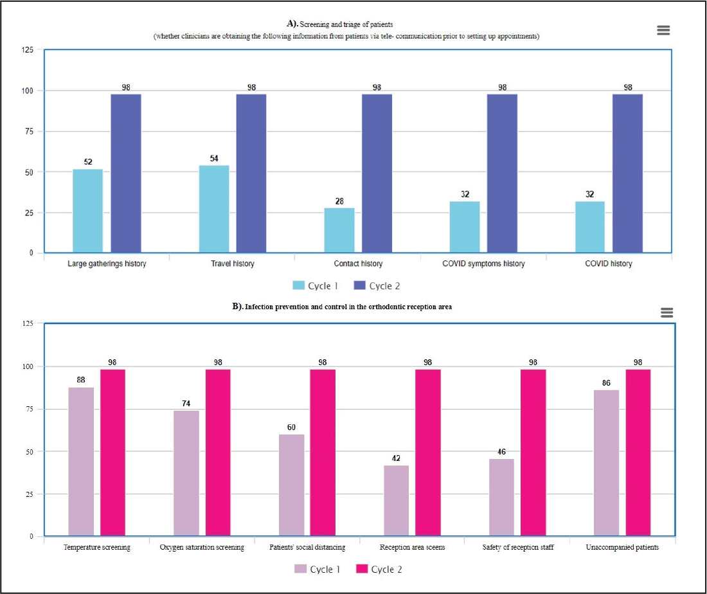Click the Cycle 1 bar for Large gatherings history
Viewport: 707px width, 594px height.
88,211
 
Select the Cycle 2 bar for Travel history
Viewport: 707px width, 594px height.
251,173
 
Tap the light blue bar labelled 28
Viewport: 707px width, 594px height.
339,230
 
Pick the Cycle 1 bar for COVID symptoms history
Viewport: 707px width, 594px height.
465,227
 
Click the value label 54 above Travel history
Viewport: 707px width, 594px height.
214,158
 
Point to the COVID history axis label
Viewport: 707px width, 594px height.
608,264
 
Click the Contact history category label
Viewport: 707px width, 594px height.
358,264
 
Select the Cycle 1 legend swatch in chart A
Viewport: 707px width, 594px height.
298,285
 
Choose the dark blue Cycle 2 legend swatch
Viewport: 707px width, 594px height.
359,285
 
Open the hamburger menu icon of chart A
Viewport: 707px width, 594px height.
663,30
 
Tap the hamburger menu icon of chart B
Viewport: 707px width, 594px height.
667,312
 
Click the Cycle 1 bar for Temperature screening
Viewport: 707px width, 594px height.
81,462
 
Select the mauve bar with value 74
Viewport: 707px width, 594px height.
186,473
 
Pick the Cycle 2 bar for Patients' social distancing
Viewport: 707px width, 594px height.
323,453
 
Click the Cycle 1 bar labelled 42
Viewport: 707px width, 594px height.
397,501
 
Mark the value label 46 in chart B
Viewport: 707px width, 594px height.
501,451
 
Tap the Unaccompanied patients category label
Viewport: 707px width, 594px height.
622,547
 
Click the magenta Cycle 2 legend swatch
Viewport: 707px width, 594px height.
362,568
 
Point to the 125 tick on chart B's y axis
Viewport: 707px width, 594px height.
28,323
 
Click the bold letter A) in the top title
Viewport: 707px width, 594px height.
292,23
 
